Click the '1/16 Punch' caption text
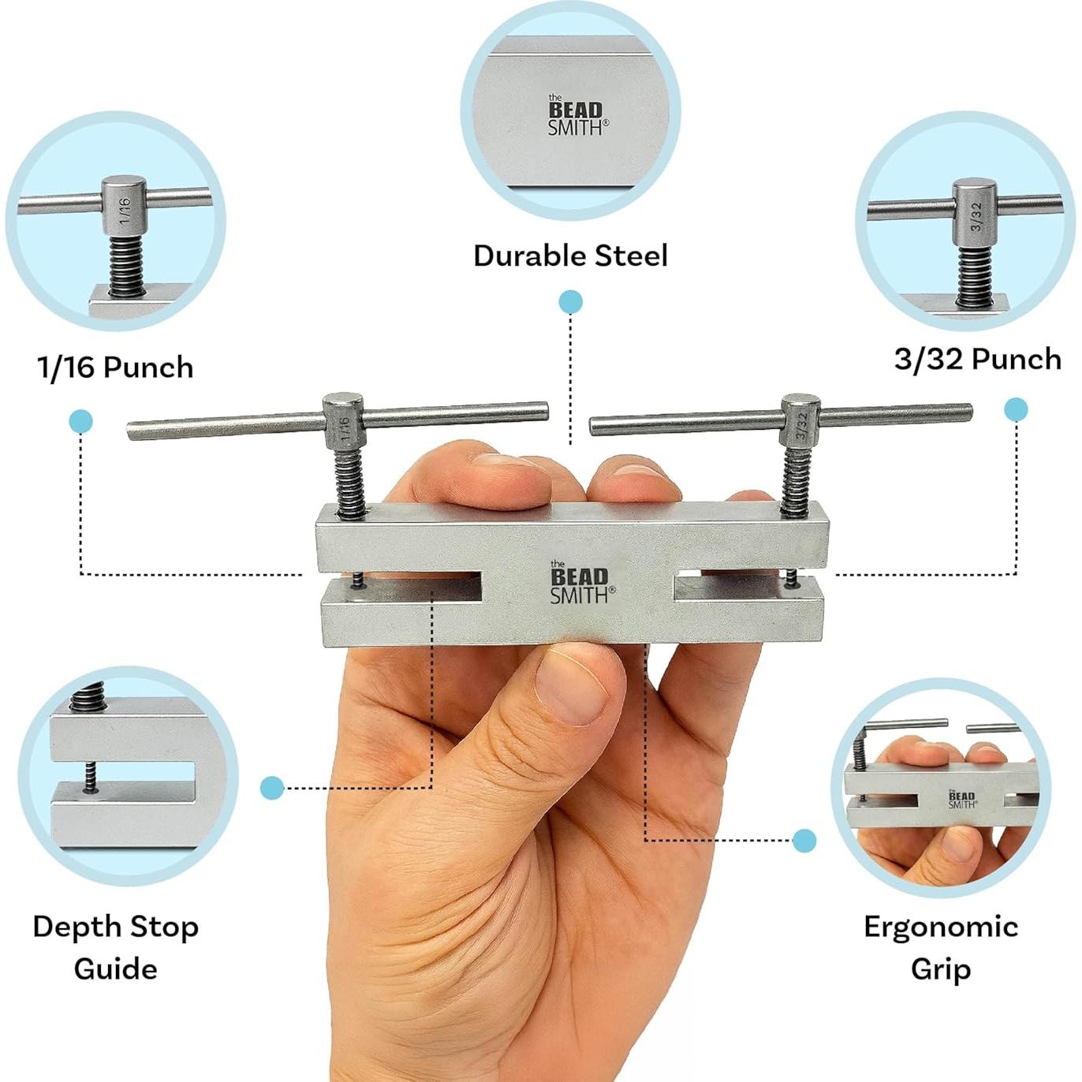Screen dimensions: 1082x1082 coord(115,368)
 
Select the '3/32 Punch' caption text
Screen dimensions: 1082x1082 coord(977,359)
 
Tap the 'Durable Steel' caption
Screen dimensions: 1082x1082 coord(570,256)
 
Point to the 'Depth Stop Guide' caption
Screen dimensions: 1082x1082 coord(115,947)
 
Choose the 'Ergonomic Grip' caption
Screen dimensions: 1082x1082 coord(940,947)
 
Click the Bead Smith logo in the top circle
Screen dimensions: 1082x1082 coord(577,116)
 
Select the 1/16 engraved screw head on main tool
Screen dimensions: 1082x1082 coord(343,421)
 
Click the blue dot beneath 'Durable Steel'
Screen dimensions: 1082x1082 coord(570,302)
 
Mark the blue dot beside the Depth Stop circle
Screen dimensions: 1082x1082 coord(272,787)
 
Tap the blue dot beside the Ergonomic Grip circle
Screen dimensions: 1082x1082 coord(804,841)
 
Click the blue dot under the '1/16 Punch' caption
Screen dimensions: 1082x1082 coord(80,421)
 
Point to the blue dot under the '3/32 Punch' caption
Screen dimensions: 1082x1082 coord(1016,409)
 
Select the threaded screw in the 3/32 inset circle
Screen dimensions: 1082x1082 coord(975,276)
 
